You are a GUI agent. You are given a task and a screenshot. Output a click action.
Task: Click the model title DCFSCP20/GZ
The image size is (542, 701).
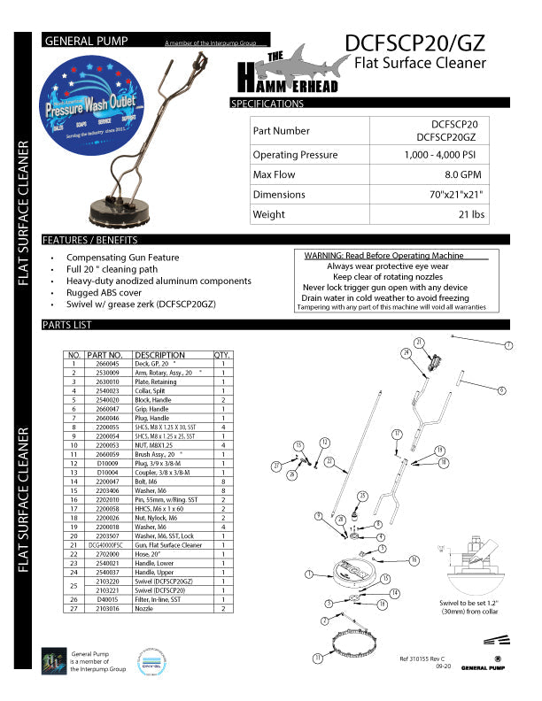pos(415,42)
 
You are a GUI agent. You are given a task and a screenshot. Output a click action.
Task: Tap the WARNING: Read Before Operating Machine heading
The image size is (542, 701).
pos(390,255)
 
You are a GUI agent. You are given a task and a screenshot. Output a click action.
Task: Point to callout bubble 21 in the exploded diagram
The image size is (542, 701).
pos(419,342)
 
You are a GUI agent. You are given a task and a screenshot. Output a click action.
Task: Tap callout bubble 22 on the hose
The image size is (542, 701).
pos(329,461)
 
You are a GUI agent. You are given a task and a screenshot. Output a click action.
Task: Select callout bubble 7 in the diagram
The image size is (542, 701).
pos(508,344)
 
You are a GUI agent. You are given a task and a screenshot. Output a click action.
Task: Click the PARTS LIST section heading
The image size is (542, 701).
pos(67,325)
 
